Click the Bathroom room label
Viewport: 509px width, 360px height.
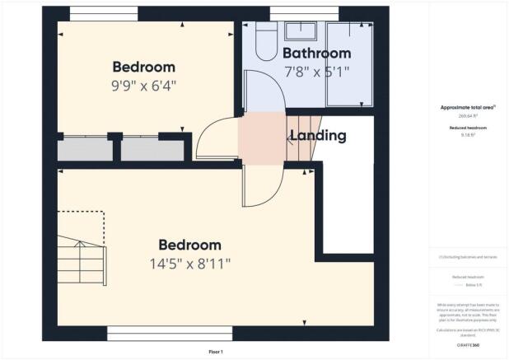pyautogui.click(x=317, y=54)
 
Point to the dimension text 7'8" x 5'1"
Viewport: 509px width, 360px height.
pyautogui.click(x=317, y=72)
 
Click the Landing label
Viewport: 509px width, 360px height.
pyautogui.click(x=316, y=135)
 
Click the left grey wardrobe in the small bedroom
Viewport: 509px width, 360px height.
pyautogui.click(x=85, y=151)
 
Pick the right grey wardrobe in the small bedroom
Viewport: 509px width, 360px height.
pyautogui.click(x=153, y=151)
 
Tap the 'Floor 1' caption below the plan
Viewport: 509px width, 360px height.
pyautogui.click(x=216, y=352)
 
